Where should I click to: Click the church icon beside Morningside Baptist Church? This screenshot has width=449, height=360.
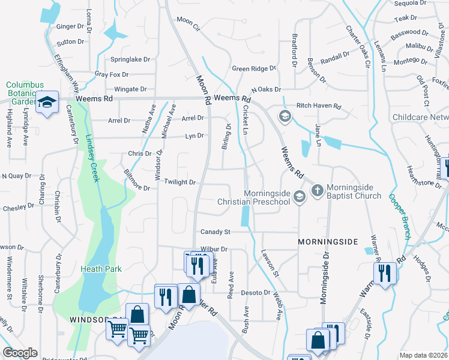pos(317,191)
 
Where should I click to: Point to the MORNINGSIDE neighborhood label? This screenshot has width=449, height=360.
pos(328,241)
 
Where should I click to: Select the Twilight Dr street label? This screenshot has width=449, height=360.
pos(180,182)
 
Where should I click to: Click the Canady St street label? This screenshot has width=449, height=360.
pos(215,232)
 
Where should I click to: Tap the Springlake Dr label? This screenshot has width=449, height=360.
pos(130,59)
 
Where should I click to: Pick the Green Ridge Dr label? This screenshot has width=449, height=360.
pos(253,69)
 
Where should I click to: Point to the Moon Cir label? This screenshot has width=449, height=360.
pos(188,23)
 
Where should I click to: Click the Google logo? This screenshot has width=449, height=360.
pos(20,353)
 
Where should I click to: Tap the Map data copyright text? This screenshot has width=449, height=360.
pos(423,355)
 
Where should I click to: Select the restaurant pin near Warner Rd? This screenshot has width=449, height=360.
pos(384,274)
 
